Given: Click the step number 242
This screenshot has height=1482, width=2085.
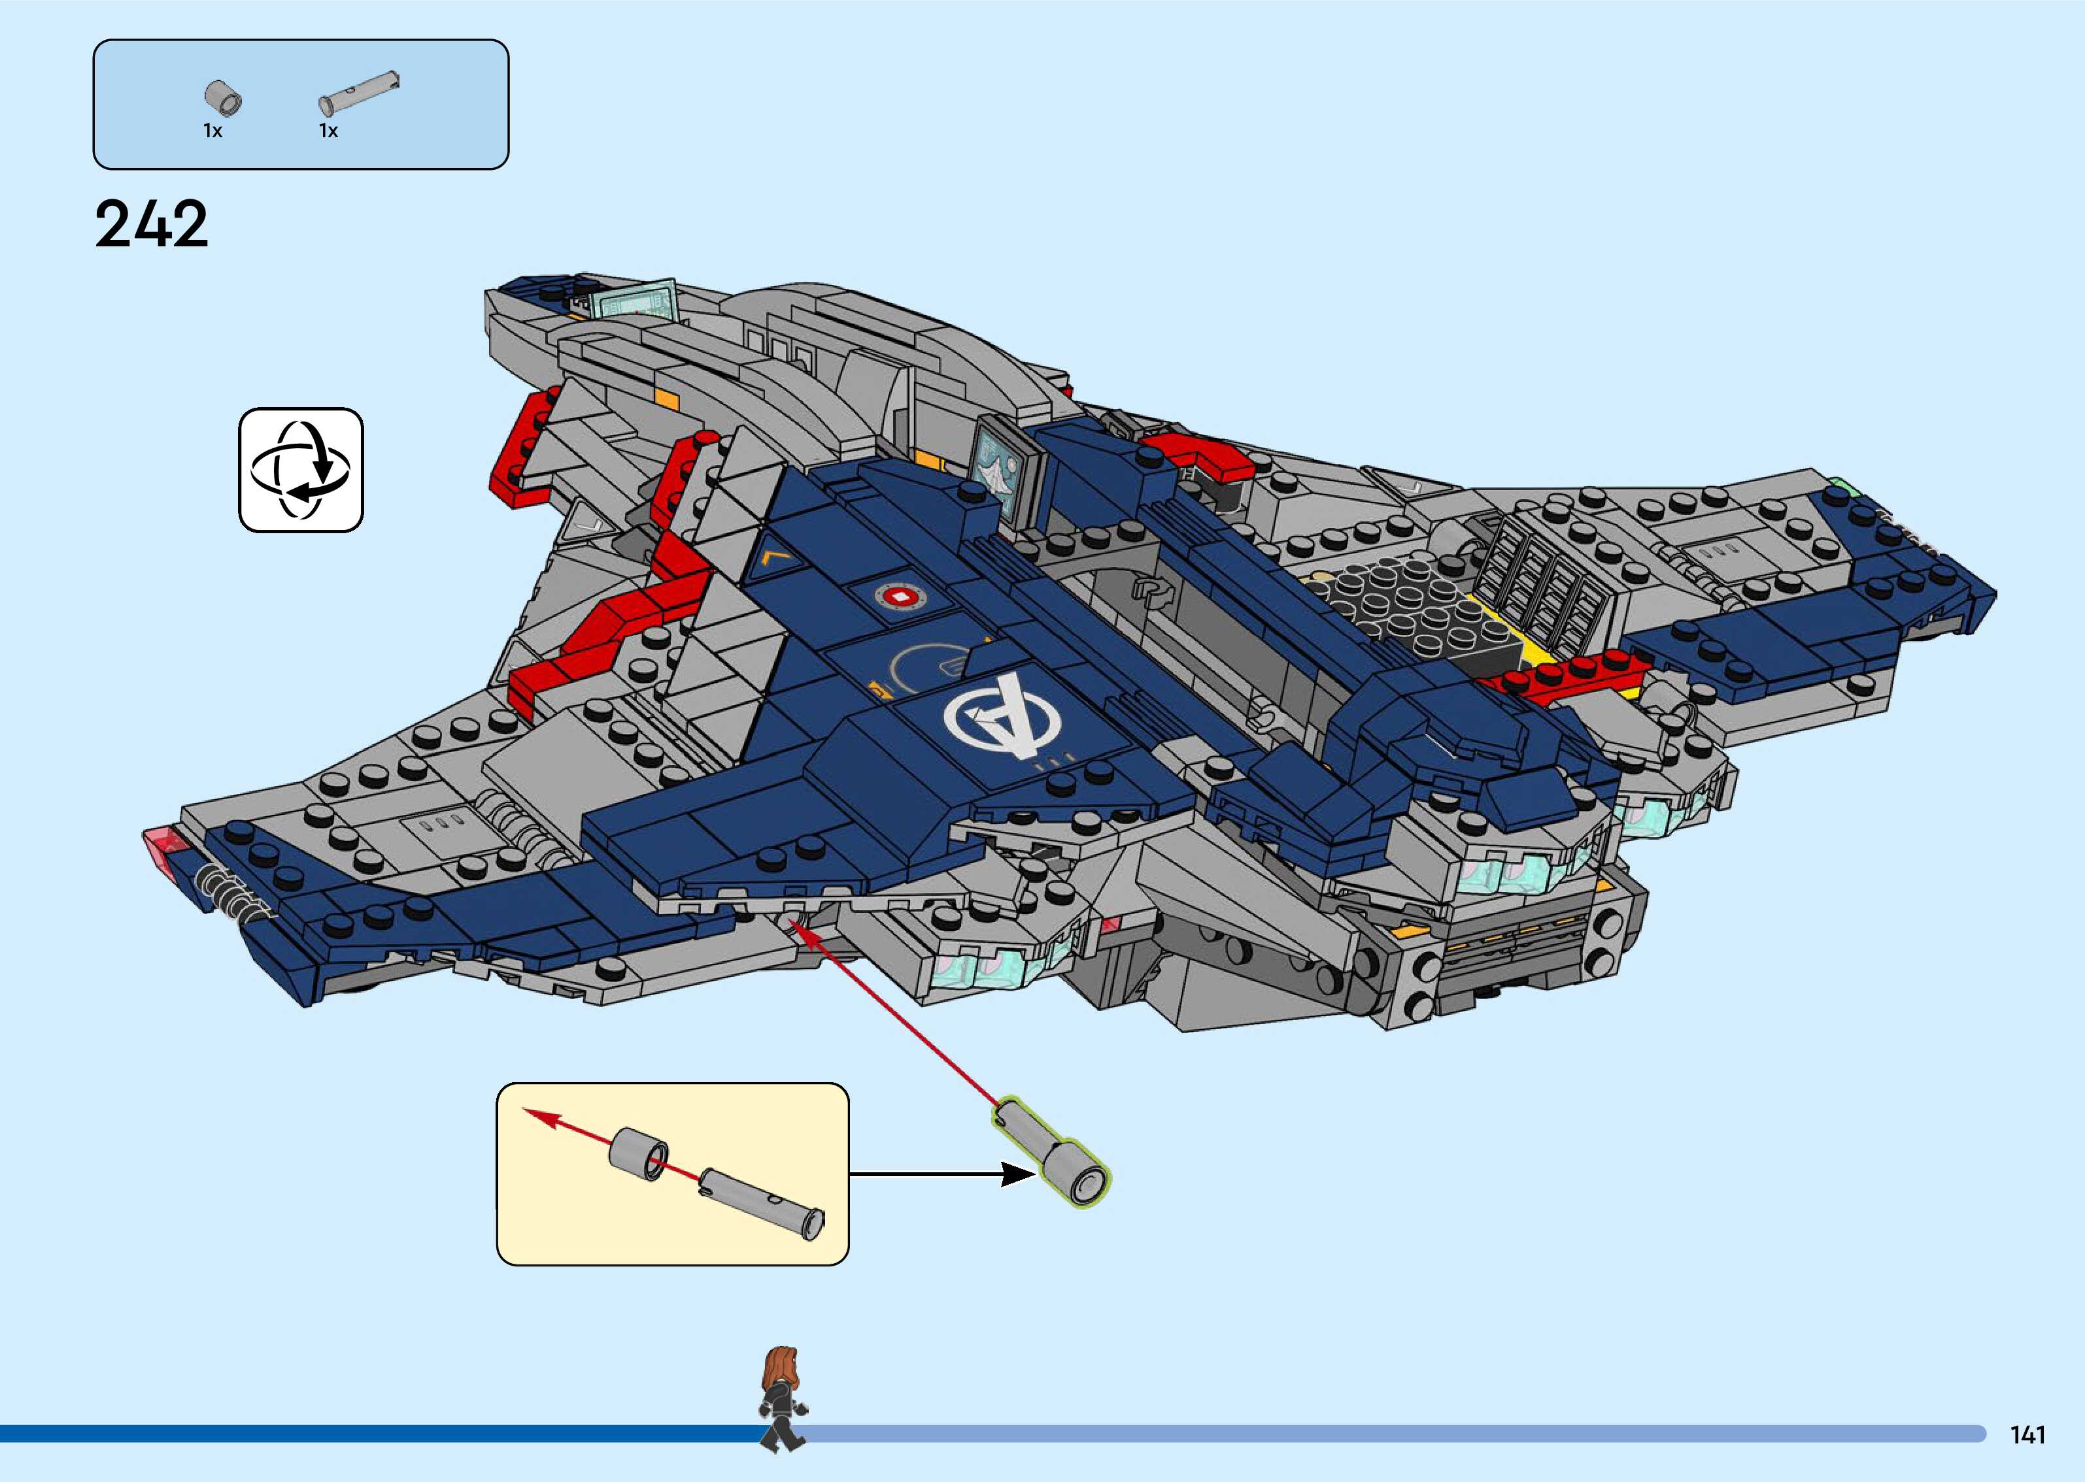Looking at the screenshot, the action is (152, 225).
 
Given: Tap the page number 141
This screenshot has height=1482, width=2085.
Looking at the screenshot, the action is (2027, 1434).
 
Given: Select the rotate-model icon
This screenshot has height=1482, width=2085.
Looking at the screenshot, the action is (301, 470).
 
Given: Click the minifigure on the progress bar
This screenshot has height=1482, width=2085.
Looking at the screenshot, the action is (783, 1397).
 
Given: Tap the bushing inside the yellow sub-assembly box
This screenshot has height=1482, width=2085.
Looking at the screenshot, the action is (639, 1153).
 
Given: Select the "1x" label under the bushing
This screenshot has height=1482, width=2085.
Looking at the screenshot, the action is (212, 131).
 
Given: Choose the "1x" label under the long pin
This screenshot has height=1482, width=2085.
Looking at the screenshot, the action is (329, 131).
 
